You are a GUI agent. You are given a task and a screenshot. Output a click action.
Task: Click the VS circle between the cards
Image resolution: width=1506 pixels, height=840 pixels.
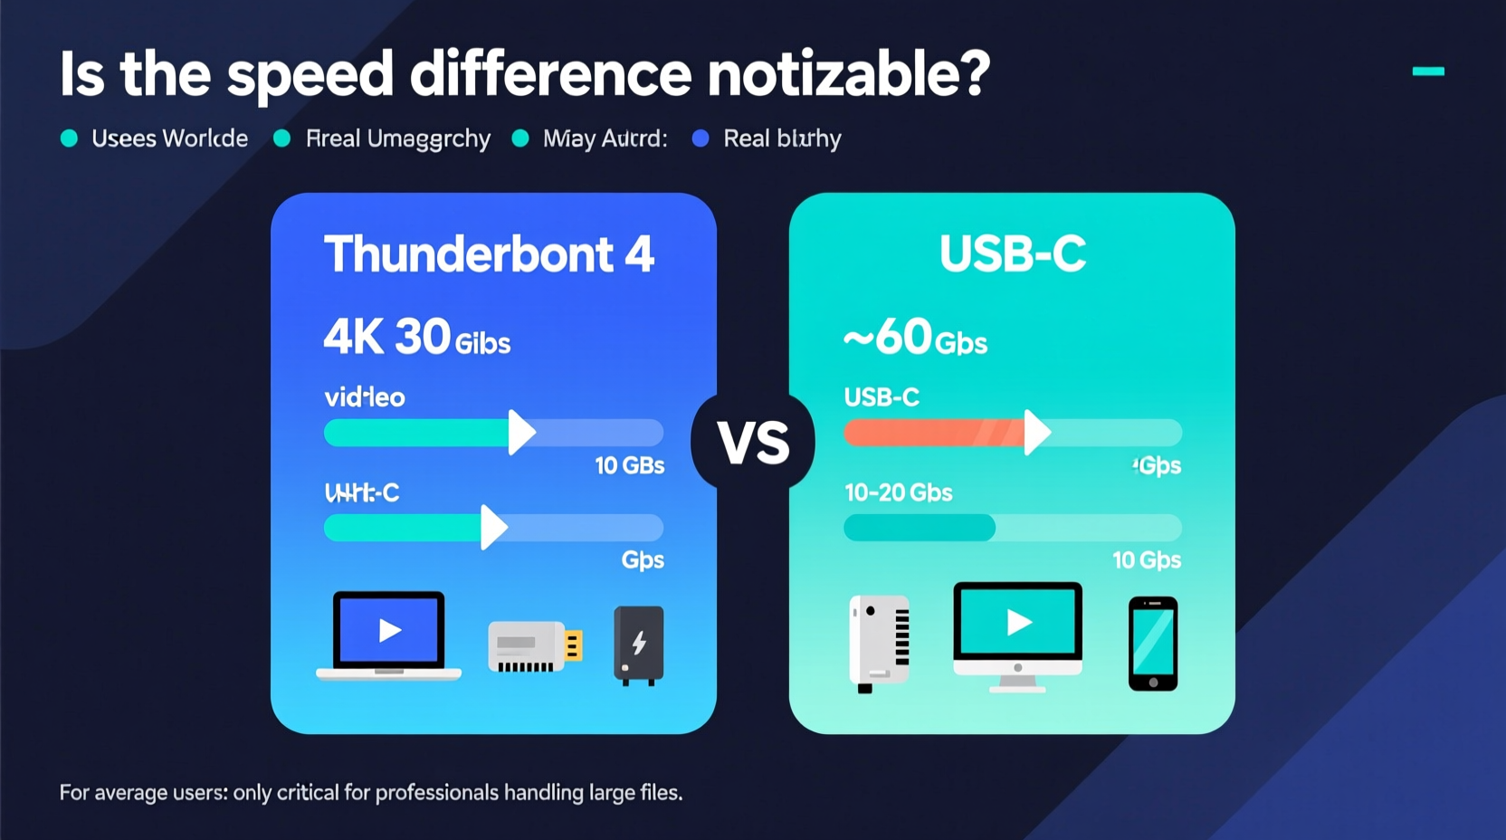[753, 442]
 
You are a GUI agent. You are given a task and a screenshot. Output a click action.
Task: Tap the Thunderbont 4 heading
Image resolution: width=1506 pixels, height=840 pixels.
[489, 254]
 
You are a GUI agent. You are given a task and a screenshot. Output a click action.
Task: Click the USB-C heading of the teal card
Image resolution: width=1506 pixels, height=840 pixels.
[1012, 254]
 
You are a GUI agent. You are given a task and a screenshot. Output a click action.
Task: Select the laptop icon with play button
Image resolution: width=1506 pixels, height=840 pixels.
[389, 635]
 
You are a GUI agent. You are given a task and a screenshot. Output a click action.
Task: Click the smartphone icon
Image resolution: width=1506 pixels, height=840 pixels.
[1153, 644]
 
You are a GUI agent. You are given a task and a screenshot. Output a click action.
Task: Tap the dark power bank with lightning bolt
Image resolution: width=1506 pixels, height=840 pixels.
[639, 644]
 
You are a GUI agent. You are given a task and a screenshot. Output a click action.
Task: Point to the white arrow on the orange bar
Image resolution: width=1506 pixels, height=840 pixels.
[1035, 433]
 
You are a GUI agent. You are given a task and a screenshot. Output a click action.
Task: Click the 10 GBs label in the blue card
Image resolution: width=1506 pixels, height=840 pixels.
[629, 466]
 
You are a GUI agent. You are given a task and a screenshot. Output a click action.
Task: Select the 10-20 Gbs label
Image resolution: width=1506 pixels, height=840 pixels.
[898, 493]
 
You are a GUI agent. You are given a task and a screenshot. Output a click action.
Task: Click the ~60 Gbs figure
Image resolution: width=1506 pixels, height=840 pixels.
[915, 339]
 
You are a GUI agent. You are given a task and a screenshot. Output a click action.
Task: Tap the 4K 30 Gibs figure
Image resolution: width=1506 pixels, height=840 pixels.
[417, 339]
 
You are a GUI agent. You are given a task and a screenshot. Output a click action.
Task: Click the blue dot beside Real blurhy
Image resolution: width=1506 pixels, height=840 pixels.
[701, 138]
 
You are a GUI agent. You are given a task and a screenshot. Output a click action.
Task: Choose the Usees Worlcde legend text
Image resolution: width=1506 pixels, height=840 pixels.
[169, 138]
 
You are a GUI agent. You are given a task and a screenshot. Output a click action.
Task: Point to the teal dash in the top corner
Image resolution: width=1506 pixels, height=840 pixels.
[1428, 71]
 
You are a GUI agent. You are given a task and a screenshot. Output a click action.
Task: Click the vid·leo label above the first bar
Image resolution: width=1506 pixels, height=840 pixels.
[365, 397]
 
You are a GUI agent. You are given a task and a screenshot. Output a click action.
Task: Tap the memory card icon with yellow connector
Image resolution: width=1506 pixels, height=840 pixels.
[534, 646]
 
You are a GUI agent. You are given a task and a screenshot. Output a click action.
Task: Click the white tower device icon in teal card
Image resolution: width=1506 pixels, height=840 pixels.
[879, 642]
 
